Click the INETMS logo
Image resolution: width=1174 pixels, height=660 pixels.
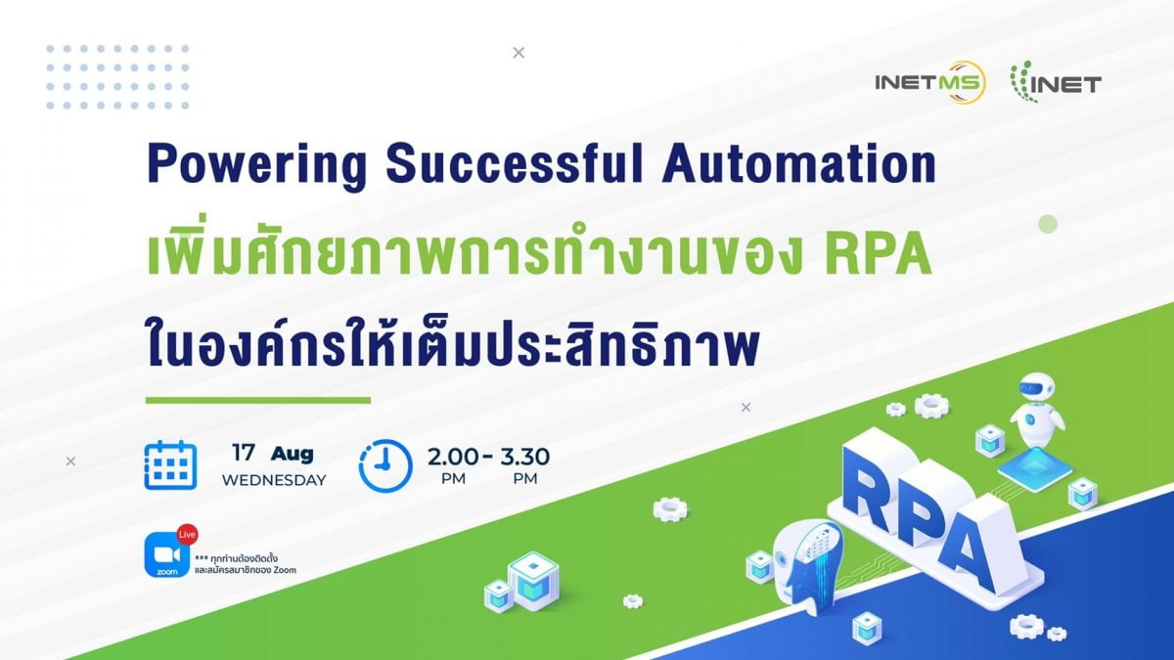tap(930, 82)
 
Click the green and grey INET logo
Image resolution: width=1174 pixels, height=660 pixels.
tap(1056, 82)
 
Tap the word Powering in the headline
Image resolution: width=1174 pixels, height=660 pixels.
tap(256, 164)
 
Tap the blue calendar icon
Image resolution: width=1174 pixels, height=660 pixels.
tap(170, 465)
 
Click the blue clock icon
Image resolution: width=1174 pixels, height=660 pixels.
tap(385, 465)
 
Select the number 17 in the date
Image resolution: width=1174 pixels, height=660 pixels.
tap(244, 453)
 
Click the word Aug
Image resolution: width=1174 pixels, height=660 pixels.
tap(292, 454)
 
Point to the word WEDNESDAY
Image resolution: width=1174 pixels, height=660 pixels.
tap(274, 480)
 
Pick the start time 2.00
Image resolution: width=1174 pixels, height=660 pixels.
tap(452, 457)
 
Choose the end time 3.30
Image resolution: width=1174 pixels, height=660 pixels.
tap(524, 457)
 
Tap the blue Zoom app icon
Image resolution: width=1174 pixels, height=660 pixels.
tap(167, 554)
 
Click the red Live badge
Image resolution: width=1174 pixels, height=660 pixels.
tap(187, 534)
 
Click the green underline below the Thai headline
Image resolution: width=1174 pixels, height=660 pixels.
tap(258, 401)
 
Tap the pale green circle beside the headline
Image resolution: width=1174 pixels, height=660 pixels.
tap(1048, 224)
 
